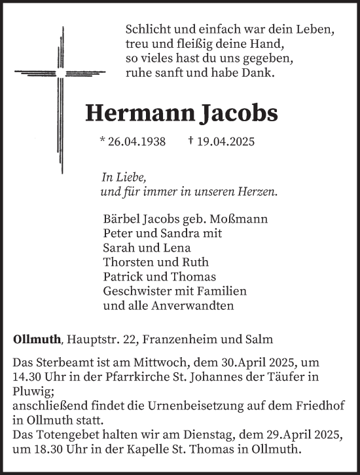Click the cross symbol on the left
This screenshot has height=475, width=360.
(62, 71)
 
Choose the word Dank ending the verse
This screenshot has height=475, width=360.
(261, 73)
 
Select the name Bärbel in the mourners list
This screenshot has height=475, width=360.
(121, 218)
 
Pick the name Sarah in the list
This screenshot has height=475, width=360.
(118, 247)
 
